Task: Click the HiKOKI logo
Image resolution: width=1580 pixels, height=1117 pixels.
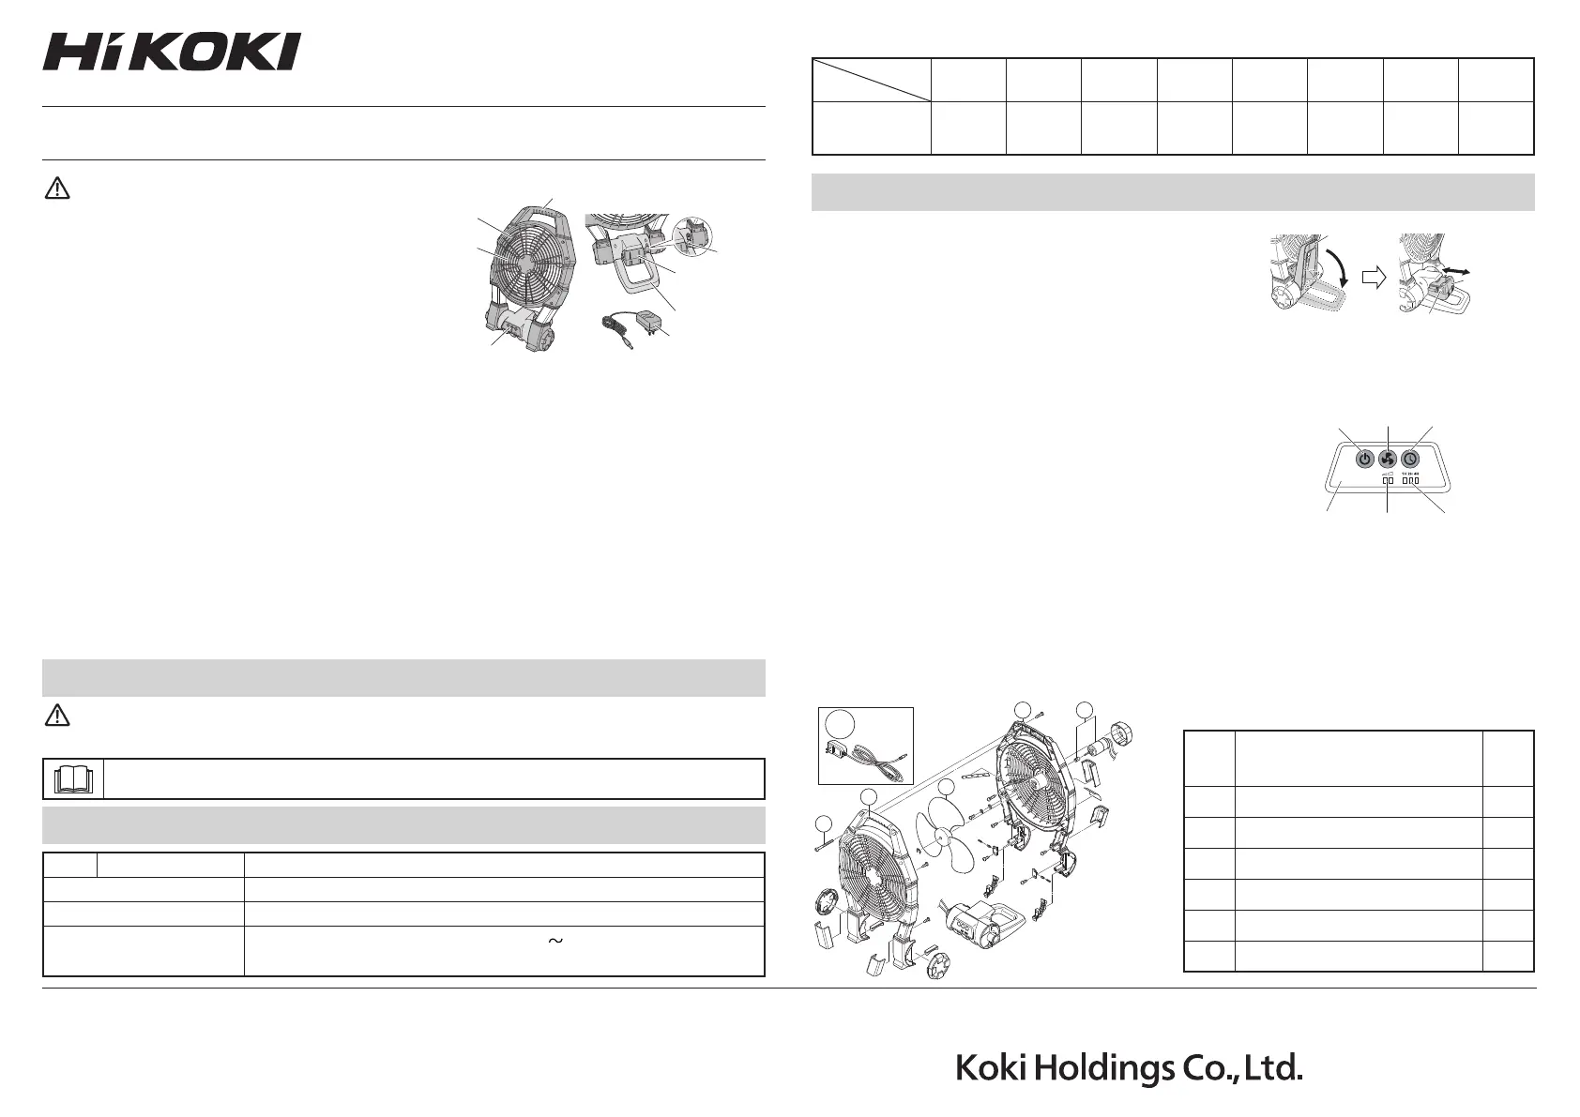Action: coord(172,52)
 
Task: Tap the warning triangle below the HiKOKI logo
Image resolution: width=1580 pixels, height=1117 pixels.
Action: coord(57,189)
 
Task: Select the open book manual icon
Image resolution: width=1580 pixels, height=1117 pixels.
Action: coord(73,779)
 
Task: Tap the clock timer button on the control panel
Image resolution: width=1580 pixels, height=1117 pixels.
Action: coord(1410,459)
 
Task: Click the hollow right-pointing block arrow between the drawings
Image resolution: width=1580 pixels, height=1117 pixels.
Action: coord(1374,277)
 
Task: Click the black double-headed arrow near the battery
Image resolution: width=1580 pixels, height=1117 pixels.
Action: coord(1455,271)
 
